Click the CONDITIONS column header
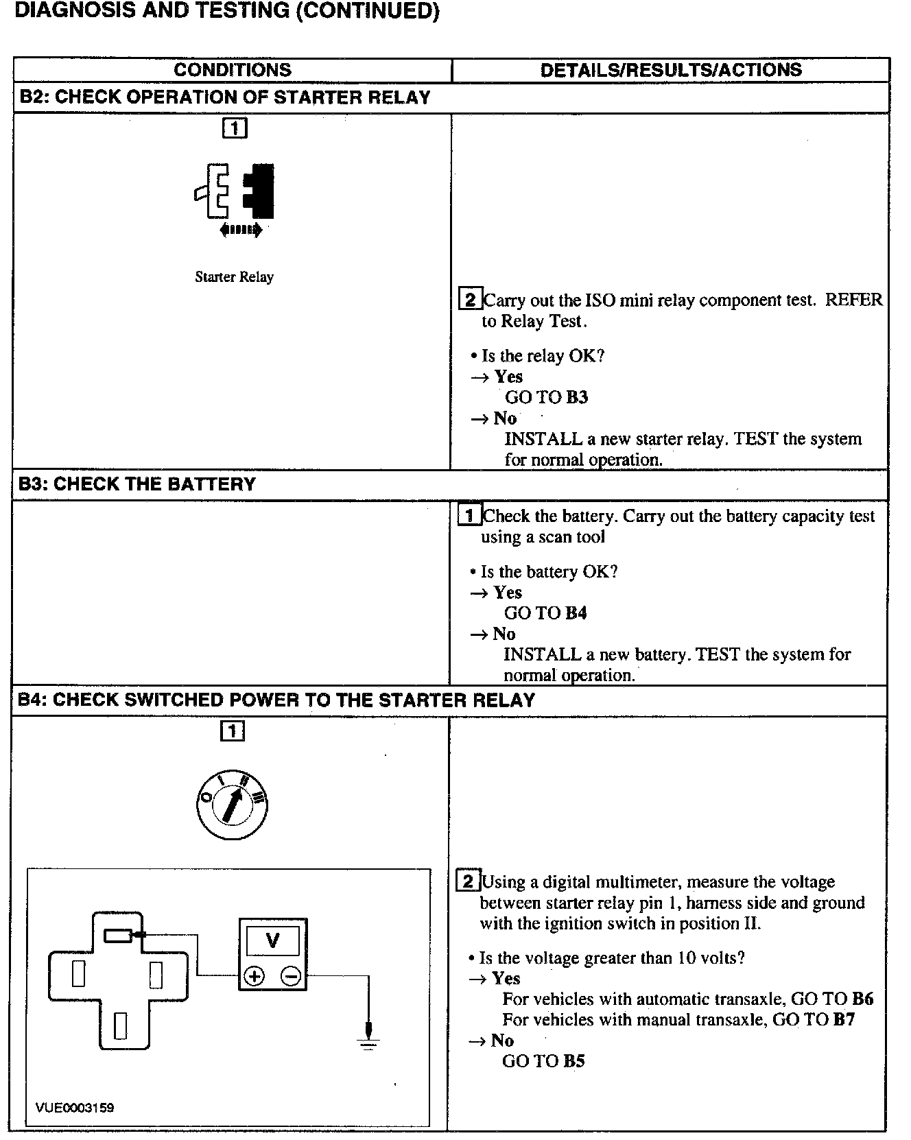pos(233,70)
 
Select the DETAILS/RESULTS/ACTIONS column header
pos(670,70)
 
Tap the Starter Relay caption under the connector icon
pos(234,277)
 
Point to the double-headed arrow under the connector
pos(241,230)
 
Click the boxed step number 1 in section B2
pos(235,128)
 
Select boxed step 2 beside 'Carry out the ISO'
pos(470,300)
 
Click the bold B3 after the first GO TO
pos(577,397)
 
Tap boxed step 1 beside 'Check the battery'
pos(469,516)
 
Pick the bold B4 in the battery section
pos(576,613)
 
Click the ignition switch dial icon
pos(232,805)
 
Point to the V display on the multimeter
pos(272,940)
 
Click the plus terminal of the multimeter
pos(255,976)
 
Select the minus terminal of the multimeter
pos(291,976)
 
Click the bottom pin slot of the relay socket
pos(121,1025)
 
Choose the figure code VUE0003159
pos(75,1108)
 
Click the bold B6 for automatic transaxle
pos(862,999)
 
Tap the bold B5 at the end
pos(574,1061)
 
